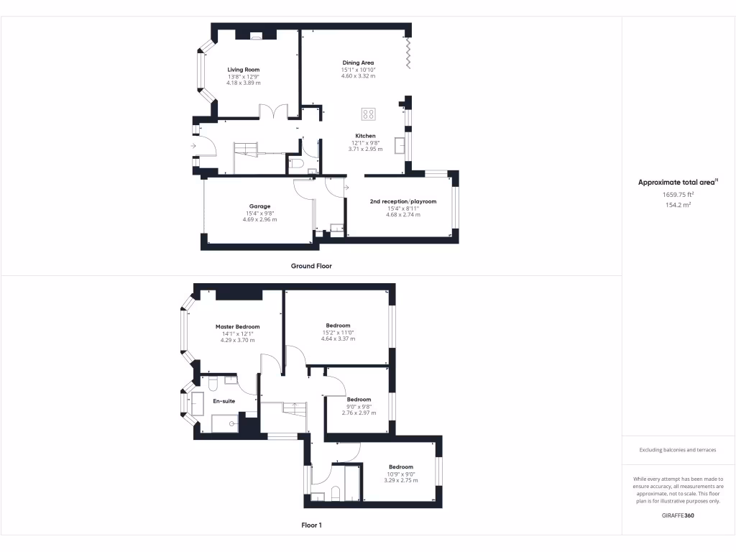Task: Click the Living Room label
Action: pos(244,70)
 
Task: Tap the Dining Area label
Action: pos(358,63)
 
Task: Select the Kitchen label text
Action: pos(365,136)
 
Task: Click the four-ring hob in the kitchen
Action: pos(368,113)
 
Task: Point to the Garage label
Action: pos(259,206)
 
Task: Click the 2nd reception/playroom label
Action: pos(402,201)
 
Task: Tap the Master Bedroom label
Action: pos(237,326)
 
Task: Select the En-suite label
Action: pos(223,401)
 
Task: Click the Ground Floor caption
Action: pos(311,266)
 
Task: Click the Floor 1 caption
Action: pos(311,525)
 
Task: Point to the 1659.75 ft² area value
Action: pos(678,194)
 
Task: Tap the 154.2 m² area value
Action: pos(678,205)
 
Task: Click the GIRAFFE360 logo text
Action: pos(678,515)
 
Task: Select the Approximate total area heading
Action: pos(676,183)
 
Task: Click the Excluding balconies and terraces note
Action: pos(678,450)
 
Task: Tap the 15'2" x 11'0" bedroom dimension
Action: pos(338,333)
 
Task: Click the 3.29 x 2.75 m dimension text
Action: pos(400,480)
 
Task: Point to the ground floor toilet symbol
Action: pos(296,165)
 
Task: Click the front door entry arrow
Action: pos(193,147)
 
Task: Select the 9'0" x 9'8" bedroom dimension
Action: pos(359,406)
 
